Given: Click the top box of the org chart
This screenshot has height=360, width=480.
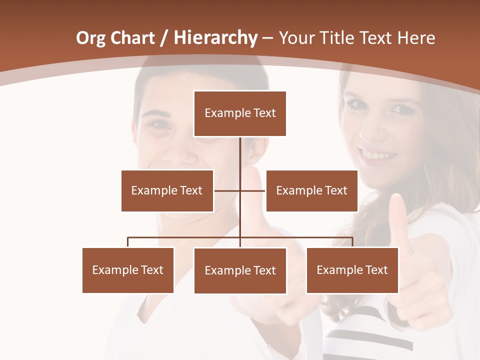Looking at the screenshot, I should coord(240,113).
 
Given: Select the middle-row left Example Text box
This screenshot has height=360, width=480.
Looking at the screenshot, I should coord(167,190).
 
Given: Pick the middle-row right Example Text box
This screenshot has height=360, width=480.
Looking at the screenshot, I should coord(311,190).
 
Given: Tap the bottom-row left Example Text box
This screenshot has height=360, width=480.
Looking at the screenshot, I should coord(128,270).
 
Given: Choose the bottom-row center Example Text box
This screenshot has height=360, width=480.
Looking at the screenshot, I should coord(240,270).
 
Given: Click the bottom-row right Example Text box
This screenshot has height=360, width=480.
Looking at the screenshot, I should coord(352,270).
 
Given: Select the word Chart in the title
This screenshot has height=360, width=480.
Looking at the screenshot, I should coord(133,38).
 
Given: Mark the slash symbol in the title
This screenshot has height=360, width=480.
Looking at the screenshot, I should coord(164,38).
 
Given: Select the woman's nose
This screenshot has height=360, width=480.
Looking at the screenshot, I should coord(373,128).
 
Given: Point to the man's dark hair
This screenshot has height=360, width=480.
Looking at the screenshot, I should coord(200,75).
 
